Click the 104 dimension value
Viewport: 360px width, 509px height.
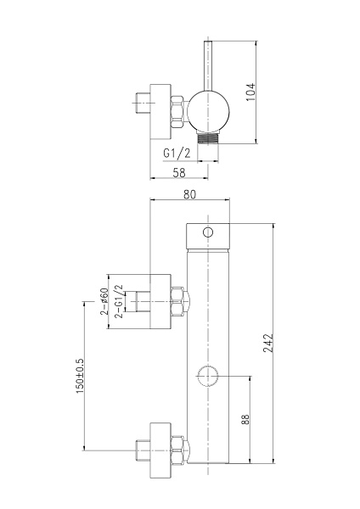(x=250, y=92)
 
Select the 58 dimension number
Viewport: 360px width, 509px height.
(x=179, y=173)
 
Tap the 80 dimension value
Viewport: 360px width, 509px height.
(x=189, y=194)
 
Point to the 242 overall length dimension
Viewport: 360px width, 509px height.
(x=268, y=343)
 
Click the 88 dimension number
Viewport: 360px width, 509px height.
(x=245, y=419)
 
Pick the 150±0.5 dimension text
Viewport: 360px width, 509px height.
(x=80, y=376)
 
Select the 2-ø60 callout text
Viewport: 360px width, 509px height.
(x=104, y=301)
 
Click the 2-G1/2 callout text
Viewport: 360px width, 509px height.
(x=119, y=301)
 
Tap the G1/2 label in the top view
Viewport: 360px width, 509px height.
(x=177, y=153)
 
